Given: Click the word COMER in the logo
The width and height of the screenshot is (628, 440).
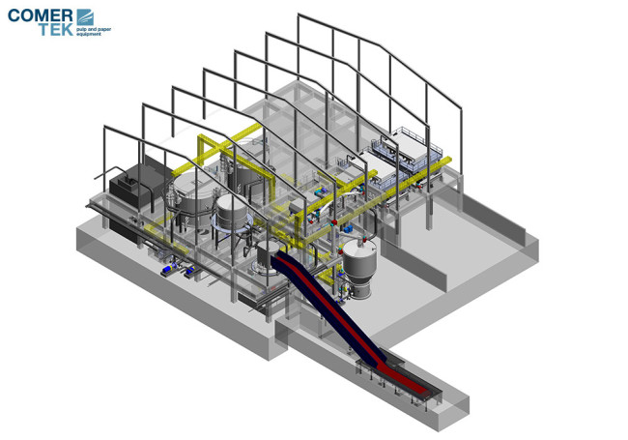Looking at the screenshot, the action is [40, 15].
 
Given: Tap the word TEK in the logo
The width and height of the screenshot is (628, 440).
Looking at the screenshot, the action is [56, 29].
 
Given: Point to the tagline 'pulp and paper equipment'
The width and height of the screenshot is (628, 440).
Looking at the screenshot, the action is [94, 32].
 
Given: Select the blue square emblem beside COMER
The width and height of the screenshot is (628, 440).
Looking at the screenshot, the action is [85, 17].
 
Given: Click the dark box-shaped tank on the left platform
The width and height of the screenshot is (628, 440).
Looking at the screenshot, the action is [132, 185].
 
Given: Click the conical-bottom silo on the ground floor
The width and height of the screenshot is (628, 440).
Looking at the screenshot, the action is [359, 269].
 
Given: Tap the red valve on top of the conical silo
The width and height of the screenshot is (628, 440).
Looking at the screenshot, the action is [365, 240].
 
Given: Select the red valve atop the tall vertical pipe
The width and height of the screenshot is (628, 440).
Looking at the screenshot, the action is [334, 222].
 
